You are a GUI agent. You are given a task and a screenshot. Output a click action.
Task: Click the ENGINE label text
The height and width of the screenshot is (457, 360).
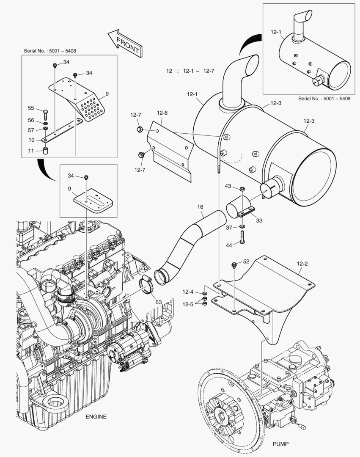click(96, 416)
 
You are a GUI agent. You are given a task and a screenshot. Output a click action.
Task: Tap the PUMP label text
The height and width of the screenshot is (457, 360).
click(281, 443)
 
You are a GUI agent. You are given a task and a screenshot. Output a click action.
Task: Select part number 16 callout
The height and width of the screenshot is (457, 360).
click(200, 206)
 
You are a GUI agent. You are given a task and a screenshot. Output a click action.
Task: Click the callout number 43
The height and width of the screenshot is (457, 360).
click(228, 187)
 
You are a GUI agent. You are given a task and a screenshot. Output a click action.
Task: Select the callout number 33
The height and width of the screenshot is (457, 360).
click(259, 220)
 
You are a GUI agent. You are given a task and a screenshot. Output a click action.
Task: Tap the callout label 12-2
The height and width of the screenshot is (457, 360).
click(302, 263)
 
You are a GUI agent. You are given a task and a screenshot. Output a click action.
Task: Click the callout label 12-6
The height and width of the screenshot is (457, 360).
click(162, 113)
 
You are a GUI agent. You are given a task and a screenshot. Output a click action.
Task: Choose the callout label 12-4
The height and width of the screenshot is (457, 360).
click(188, 292)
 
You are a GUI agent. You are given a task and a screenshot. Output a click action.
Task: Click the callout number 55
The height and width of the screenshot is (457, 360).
click(31, 108)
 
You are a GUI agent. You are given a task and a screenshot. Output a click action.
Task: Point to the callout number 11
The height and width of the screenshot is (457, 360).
click(31, 150)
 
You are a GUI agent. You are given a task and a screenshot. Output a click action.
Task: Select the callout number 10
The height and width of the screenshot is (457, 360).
click(31, 140)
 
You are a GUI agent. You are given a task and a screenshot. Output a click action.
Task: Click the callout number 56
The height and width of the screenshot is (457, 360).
click(31, 120)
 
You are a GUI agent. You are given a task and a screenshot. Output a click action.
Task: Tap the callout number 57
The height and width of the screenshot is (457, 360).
click(31, 130)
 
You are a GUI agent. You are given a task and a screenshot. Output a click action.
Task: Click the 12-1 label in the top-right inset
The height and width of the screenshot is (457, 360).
click(276, 31)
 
